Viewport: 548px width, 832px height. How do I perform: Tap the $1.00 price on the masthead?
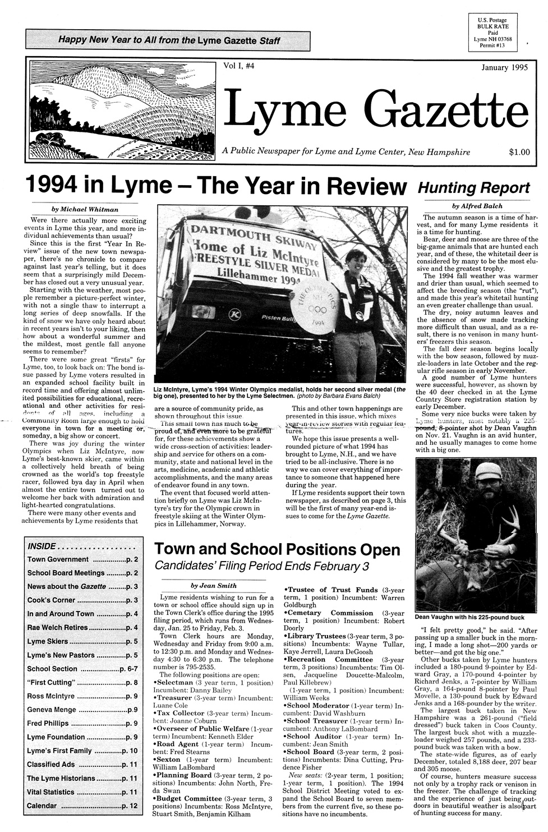519,151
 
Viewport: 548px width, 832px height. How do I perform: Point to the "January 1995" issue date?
504,68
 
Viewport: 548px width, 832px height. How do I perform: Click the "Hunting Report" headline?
473,187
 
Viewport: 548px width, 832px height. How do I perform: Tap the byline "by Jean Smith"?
213,585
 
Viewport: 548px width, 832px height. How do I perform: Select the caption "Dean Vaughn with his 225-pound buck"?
469,617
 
